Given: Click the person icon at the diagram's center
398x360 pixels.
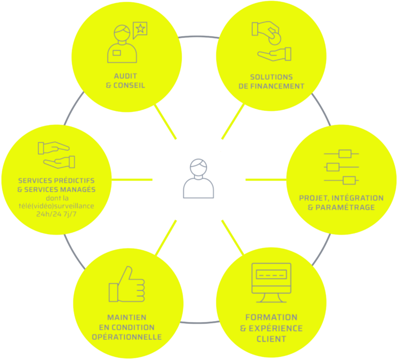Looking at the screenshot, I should (x=198, y=179).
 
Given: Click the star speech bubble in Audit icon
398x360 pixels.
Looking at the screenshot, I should (x=140, y=30).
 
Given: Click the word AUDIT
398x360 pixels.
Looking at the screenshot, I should (x=126, y=76).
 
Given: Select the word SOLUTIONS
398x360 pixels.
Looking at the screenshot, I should (x=272, y=77).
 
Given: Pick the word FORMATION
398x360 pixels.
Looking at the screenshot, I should (x=271, y=316).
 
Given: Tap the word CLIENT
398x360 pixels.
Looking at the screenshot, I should (x=271, y=339).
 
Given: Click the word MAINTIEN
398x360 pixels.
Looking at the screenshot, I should (x=126, y=317).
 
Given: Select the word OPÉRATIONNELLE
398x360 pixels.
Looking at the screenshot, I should (x=126, y=337).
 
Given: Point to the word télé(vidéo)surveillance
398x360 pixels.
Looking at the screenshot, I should (x=56, y=205).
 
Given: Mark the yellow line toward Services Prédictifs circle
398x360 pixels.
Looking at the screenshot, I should (x=132, y=180).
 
